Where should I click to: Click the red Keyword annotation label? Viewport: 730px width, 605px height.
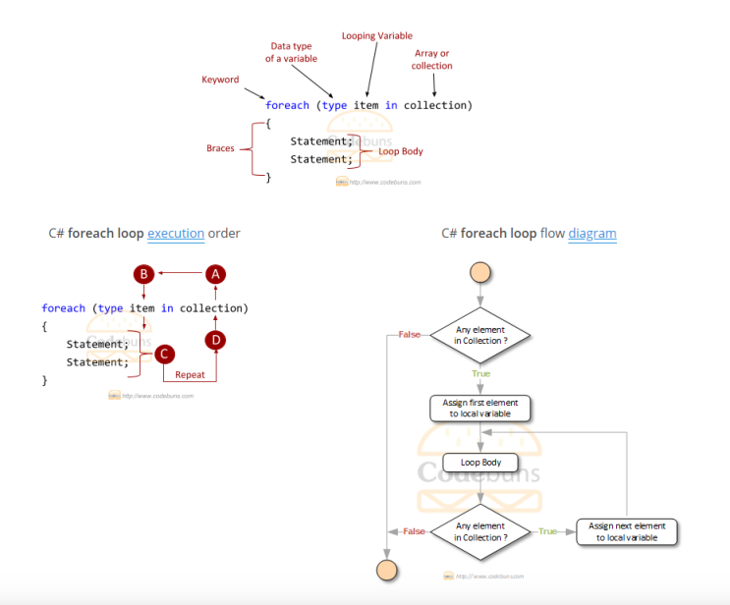pos(220,80)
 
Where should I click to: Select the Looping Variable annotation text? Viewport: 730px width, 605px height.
pos(376,36)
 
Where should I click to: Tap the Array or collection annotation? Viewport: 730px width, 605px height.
pos(432,60)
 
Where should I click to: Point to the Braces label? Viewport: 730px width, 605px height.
pos(220,148)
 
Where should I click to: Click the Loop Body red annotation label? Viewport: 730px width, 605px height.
pos(401,151)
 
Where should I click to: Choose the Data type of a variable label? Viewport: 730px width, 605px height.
pos(291,52)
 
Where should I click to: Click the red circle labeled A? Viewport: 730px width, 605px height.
pos(215,274)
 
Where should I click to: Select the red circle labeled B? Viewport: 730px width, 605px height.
pos(144,274)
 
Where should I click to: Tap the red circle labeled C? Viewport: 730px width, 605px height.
pos(164,353)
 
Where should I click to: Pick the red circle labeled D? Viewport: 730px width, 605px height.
pos(215,340)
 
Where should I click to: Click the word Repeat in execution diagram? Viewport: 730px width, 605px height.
pos(190,375)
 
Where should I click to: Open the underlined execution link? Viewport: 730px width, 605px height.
pos(176,234)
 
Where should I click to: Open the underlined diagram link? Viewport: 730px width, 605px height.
pos(592,234)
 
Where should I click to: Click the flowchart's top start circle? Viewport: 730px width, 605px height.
pos(480,273)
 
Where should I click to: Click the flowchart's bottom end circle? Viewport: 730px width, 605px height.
pos(388,571)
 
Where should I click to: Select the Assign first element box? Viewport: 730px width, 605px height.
pos(480,408)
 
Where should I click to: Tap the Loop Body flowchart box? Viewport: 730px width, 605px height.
pos(480,462)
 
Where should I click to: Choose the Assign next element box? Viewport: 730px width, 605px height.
pos(627,531)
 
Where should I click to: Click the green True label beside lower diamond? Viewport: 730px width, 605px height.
pos(547,531)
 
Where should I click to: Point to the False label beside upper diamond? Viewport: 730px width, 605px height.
pos(410,335)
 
